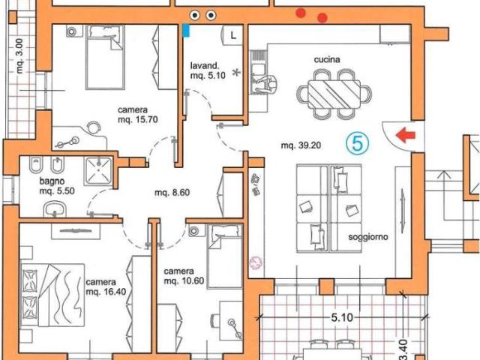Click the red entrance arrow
(406, 135)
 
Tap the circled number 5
(358, 143)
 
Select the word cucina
(327, 59)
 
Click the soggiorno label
(368, 237)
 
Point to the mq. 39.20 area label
(301, 145)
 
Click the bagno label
(52, 181)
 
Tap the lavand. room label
(205, 65)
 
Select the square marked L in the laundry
(233, 35)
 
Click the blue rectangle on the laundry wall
(186, 31)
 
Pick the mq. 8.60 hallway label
(172, 193)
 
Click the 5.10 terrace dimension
(342, 317)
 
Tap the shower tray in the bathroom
(98, 171)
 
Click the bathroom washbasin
(55, 209)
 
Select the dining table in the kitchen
(334, 94)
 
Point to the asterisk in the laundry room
(236, 73)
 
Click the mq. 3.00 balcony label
(19, 55)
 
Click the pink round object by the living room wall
(256, 262)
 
